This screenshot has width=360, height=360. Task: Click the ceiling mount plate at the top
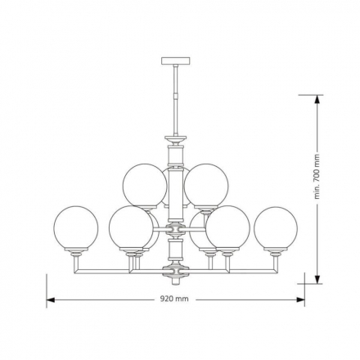tap(176, 61)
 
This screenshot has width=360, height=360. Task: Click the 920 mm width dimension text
tap(174, 299)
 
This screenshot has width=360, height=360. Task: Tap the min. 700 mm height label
tap(317, 177)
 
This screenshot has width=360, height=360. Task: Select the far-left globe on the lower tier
tap(76, 228)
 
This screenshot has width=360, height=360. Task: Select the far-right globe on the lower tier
tap(276, 228)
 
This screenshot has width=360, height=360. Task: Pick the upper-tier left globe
tap(145, 187)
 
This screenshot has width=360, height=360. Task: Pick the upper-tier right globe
tap(206, 187)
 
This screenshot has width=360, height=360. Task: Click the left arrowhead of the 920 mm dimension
tap(51, 299)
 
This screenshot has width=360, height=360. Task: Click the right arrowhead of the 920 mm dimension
tap(300, 299)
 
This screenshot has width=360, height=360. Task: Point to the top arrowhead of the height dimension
tap(317, 99)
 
